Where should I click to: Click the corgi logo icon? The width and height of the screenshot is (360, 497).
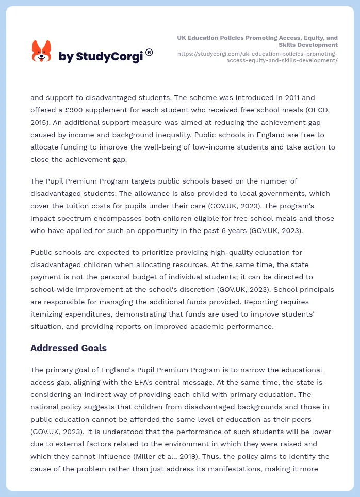[x=42, y=52]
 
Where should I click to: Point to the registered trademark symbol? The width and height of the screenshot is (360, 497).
[x=149, y=52]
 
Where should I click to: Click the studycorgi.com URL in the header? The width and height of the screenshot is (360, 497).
[x=257, y=57]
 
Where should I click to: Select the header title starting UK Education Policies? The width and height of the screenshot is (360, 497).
[x=257, y=41]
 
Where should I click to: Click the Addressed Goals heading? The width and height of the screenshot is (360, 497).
[x=69, y=348]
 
